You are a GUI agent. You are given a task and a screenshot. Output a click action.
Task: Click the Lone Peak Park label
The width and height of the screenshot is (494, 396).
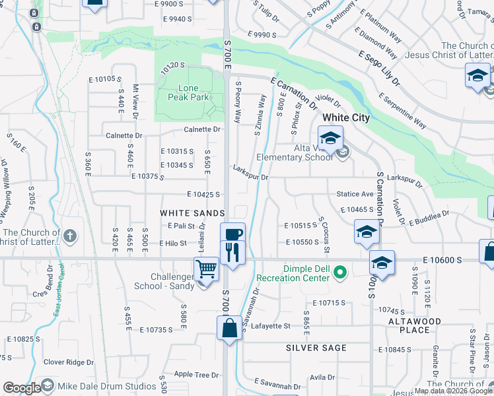tap(193, 93)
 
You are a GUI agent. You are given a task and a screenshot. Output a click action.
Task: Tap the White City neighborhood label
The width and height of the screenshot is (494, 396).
tap(346, 117)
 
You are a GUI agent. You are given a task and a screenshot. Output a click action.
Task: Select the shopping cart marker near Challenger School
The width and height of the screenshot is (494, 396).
tap(206, 269)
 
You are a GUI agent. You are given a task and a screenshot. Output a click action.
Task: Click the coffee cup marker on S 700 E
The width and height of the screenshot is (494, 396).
tap(232, 234)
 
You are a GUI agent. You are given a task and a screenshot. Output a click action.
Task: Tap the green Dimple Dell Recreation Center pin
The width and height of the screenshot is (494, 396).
tap(340, 272)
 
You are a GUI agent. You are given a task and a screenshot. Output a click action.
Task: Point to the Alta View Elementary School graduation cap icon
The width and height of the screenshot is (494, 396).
tap(330, 139)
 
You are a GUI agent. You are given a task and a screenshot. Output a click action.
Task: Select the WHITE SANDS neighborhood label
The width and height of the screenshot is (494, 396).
tap(192, 213)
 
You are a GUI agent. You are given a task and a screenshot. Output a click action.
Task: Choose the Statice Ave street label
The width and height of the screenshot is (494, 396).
tap(355, 194)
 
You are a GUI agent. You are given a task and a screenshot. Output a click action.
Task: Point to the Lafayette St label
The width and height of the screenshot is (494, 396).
tap(268, 326)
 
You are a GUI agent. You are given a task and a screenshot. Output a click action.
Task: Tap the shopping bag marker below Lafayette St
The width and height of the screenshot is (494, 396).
tap(229, 328)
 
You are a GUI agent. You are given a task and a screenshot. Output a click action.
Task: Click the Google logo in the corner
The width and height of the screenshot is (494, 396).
tap(21, 388)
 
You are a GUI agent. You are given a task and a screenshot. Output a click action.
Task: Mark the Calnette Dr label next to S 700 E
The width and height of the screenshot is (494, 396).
tap(192, 129)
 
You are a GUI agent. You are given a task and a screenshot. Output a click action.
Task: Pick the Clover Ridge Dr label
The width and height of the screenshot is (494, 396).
tap(69, 362)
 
